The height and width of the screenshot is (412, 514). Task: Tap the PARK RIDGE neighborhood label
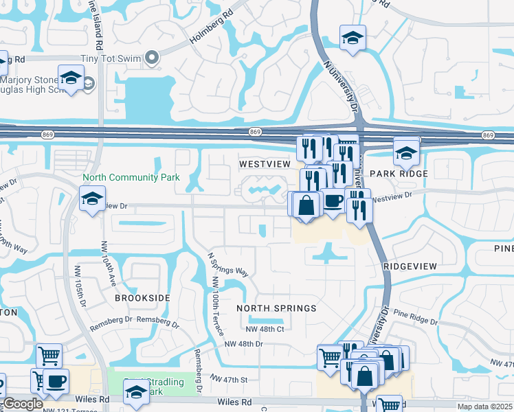396,174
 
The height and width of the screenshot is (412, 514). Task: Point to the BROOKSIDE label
142,298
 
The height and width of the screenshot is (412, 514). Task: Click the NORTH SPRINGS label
276,308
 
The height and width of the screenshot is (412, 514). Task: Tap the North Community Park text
131,177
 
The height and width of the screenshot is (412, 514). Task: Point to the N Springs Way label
227,262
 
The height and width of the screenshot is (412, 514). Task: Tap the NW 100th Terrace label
217,306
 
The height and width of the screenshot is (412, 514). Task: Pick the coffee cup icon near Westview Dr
333,201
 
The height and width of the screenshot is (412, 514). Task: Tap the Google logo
23,404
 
